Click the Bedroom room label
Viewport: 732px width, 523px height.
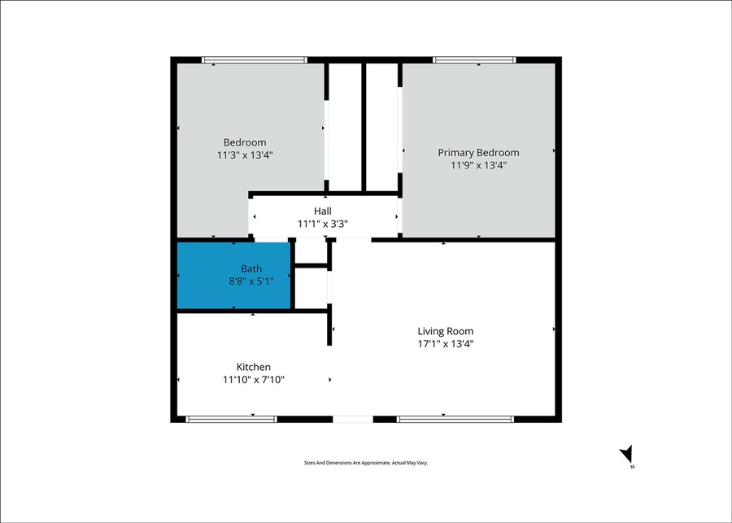click(x=245, y=142)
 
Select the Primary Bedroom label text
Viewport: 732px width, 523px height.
click(x=478, y=152)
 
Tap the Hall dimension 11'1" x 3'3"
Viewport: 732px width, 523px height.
click(x=322, y=224)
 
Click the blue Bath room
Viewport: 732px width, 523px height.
click(x=234, y=276)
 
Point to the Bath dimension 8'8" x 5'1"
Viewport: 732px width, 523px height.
click(x=251, y=281)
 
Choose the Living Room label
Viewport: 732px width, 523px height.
click(x=445, y=331)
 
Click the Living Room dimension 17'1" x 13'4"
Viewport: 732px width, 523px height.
click(x=445, y=344)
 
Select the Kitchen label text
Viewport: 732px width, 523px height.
click(x=253, y=367)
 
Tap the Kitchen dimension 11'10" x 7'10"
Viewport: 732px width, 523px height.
click(x=253, y=380)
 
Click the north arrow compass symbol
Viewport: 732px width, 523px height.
click(x=626, y=455)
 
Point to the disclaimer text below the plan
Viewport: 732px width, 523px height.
click(x=365, y=463)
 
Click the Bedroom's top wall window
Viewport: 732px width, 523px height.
click(x=254, y=59)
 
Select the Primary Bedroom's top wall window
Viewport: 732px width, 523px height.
click(x=474, y=59)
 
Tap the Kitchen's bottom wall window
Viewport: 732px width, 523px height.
click(x=231, y=419)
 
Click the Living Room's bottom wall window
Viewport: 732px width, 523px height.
click(x=455, y=419)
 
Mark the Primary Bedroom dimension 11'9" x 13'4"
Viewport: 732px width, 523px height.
click(x=478, y=165)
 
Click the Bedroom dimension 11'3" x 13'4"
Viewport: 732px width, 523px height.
click(x=245, y=155)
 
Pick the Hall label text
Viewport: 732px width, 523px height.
click(x=322, y=211)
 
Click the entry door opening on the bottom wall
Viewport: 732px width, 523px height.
click(x=353, y=419)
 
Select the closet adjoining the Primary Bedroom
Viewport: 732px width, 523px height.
click(x=381, y=126)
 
